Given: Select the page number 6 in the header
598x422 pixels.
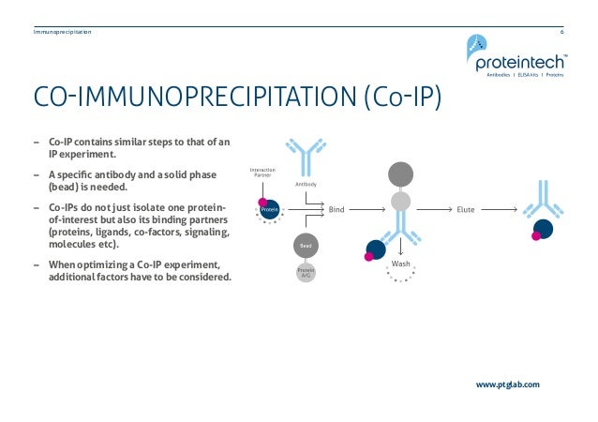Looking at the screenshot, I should (561, 32).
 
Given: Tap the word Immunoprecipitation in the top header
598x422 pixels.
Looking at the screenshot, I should (62, 32).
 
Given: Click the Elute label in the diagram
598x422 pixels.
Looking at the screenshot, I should (466, 209).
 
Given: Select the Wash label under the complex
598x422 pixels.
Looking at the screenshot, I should (401, 265).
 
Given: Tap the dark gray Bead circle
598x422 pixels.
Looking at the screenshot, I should (305, 245).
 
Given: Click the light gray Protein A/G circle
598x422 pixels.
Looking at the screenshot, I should (305, 272).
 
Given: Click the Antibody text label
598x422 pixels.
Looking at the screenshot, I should (306, 185).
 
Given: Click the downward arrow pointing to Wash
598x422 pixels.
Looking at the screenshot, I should (401, 247).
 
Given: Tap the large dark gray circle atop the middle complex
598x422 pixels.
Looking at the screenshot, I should (400, 173).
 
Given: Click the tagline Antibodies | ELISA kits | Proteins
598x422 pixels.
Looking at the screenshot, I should (523, 75).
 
